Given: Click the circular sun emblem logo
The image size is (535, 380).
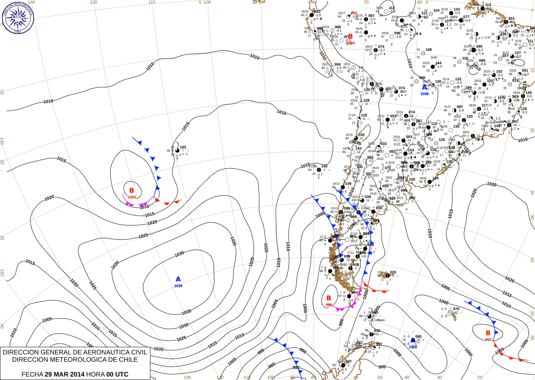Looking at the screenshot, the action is [x=18, y=17].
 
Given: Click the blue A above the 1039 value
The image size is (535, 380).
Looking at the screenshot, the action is [x=178, y=279].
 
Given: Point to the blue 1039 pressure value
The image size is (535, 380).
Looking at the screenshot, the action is [x=178, y=286].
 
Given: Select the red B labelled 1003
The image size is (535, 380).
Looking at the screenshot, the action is [x=132, y=190].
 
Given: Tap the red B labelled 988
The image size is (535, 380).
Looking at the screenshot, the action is [x=329, y=298].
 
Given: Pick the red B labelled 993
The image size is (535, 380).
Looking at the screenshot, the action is [x=488, y=333].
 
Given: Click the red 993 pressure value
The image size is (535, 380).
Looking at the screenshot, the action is [x=488, y=339].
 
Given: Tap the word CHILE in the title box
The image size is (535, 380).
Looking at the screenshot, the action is [x=126, y=360].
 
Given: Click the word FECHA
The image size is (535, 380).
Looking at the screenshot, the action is [x=32, y=374].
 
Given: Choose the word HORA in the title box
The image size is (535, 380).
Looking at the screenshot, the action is [x=95, y=374].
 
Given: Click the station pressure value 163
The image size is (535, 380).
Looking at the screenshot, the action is [x=183, y=147].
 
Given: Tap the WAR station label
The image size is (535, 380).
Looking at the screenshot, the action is [x=381, y=320].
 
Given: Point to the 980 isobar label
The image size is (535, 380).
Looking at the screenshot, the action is [x=296, y=368].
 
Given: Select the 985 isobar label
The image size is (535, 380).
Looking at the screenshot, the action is [x=272, y=365].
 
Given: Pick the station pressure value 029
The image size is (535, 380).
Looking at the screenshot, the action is [x=393, y=272].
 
